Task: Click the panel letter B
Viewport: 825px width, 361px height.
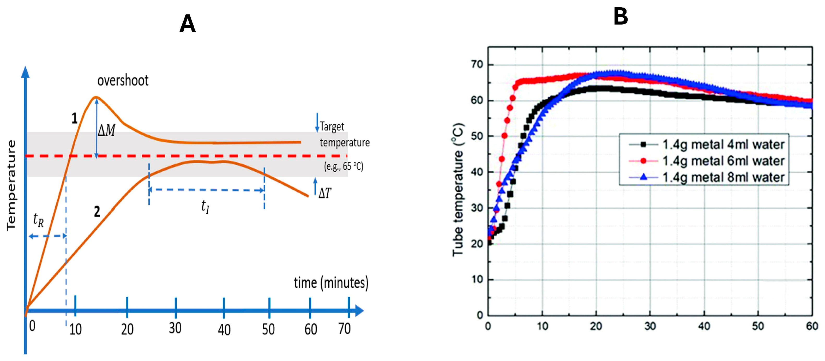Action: (x=620, y=17)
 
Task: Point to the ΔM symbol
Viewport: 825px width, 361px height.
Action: (x=106, y=130)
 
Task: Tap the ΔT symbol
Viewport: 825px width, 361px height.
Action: (x=325, y=193)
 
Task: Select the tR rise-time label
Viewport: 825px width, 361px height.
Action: (x=38, y=220)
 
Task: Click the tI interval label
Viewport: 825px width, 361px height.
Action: (x=205, y=207)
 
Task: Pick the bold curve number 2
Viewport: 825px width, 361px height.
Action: (x=97, y=212)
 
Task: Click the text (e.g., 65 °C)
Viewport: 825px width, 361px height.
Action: (x=344, y=166)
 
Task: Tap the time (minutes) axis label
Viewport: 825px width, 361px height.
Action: (x=331, y=283)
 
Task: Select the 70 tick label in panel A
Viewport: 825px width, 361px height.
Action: (x=344, y=329)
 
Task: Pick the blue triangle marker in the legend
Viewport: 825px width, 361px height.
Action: (x=643, y=177)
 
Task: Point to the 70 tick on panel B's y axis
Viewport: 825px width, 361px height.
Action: (x=477, y=65)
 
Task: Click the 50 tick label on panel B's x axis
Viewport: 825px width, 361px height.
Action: (x=758, y=326)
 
